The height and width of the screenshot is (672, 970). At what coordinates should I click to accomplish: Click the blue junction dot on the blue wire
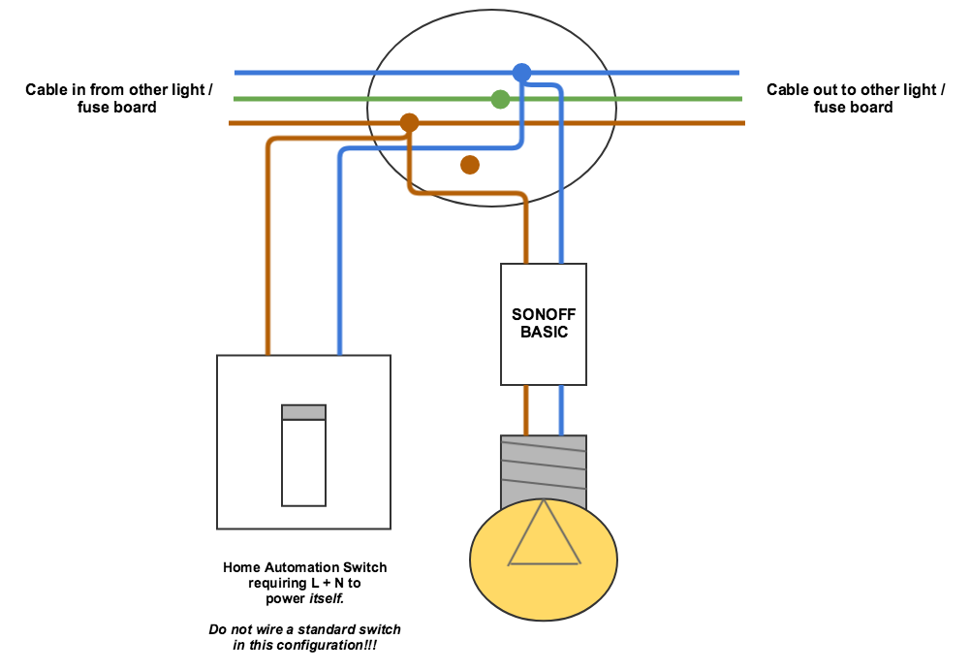522,73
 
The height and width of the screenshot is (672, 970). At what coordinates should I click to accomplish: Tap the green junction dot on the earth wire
500,99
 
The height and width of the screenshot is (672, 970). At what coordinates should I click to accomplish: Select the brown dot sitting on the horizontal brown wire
409,123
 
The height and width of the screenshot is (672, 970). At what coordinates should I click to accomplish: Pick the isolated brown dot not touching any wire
470,165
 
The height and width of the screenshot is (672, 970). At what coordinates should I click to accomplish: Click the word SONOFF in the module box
543,315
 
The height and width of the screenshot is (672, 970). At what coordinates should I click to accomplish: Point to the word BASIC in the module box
543,332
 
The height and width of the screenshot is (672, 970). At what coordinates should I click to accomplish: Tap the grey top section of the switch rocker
303,412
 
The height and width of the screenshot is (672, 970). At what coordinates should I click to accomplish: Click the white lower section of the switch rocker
303,463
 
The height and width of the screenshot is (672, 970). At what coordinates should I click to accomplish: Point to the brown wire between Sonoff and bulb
526,409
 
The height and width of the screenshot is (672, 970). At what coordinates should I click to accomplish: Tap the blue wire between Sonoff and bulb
561,409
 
